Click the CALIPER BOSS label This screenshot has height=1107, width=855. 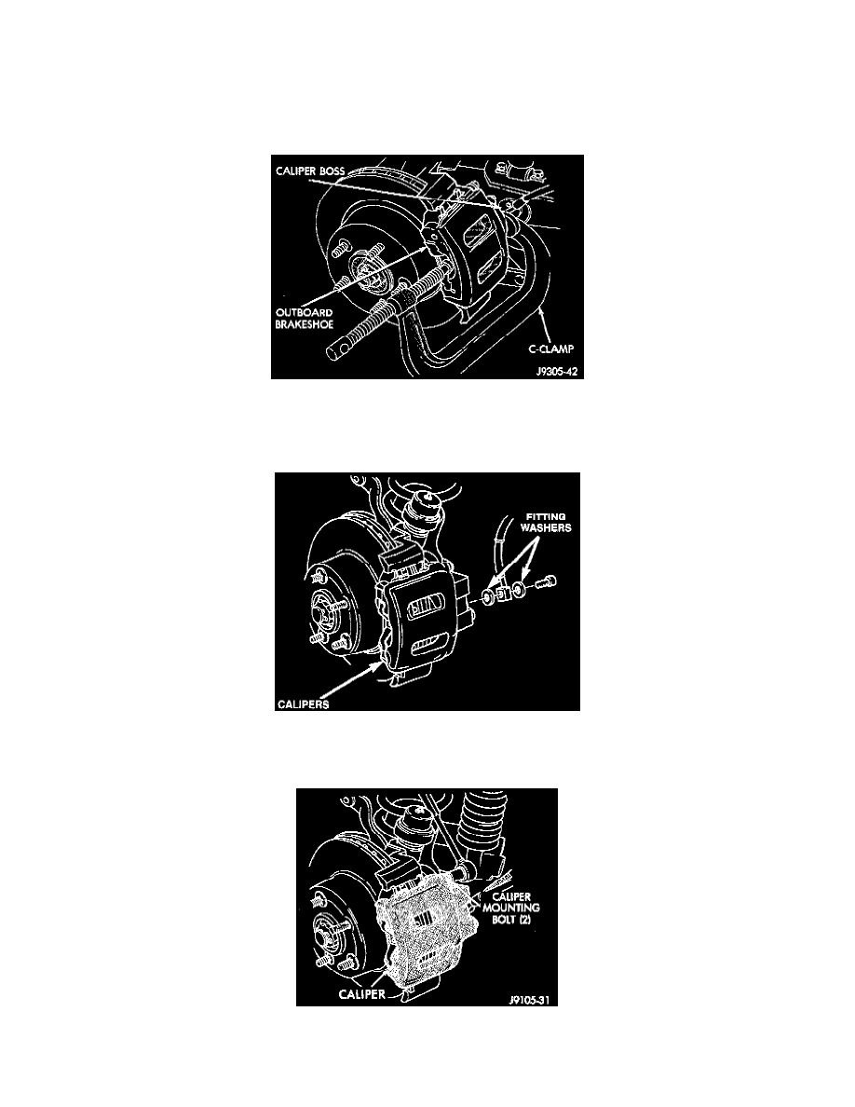[x=310, y=171]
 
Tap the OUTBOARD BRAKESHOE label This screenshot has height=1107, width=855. [x=304, y=319]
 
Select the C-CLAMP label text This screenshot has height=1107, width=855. [x=551, y=348]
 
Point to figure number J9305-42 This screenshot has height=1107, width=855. [x=557, y=371]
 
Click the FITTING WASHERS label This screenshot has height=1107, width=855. [x=545, y=523]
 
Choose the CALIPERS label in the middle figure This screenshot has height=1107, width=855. [x=303, y=704]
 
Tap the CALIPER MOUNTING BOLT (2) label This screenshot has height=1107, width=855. [x=511, y=909]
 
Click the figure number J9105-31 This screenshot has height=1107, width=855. [x=528, y=999]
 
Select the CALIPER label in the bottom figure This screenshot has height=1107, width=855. [x=362, y=994]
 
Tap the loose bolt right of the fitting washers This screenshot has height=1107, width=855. [x=546, y=583]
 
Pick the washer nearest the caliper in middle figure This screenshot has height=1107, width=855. [x=487, y=598]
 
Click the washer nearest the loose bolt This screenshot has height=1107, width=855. [x=519, y=590]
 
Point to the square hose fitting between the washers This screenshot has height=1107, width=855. [x=503, y=594]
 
